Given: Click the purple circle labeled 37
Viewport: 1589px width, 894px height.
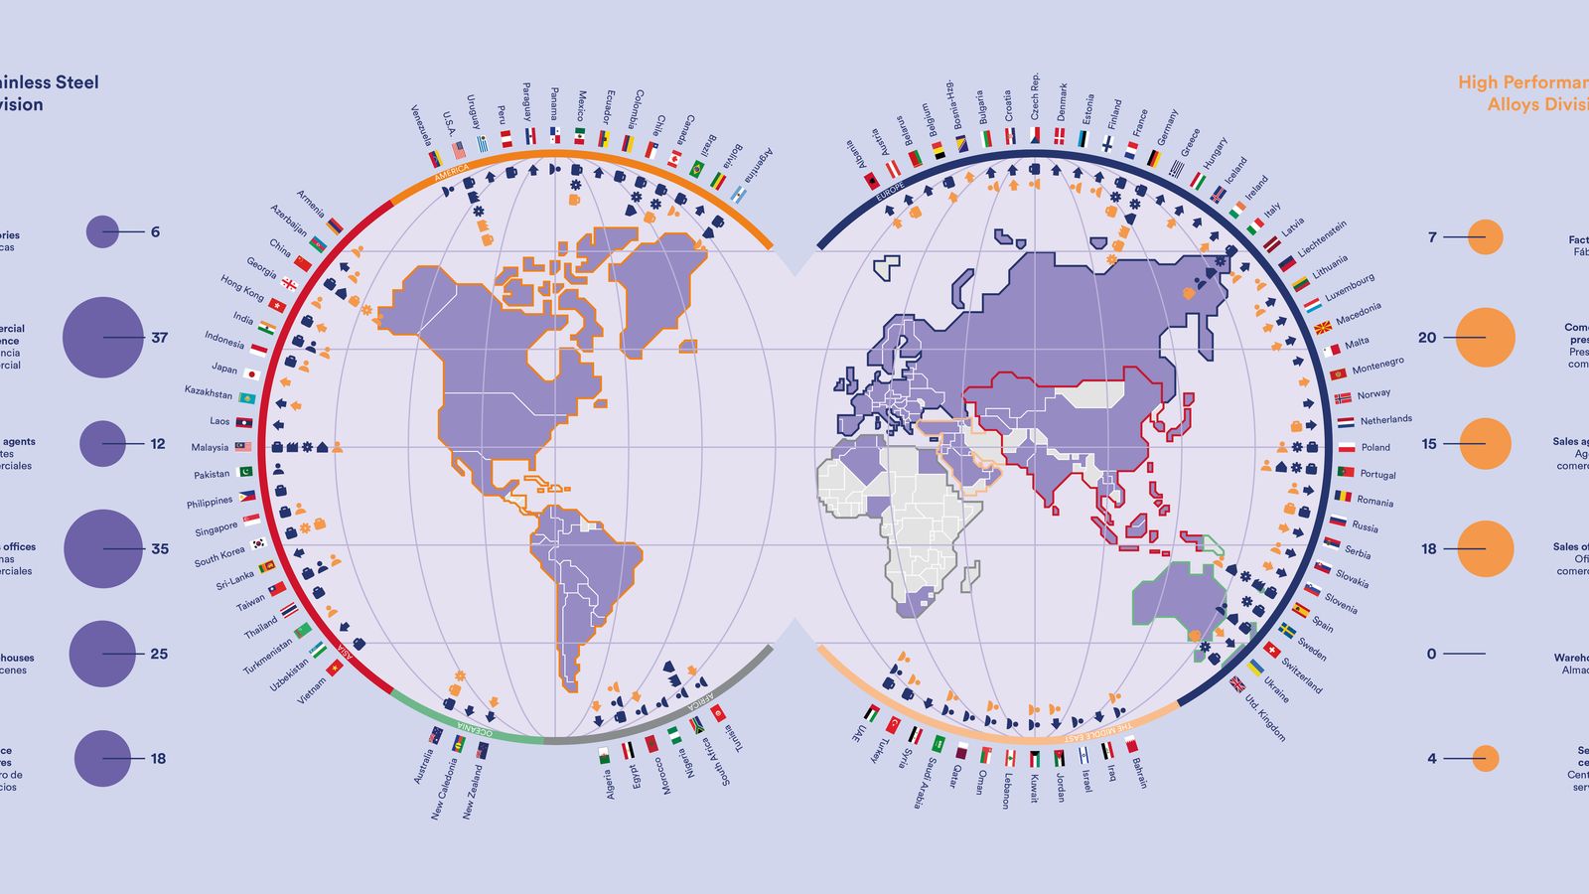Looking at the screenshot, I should click(x=102, y=338).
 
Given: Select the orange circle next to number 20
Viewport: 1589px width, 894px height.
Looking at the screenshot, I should click(x=1485, y=338).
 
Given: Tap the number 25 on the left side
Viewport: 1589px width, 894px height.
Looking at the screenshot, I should click(x=159, y=654).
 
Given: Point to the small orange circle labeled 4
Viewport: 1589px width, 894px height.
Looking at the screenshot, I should click(x=1485, y=758).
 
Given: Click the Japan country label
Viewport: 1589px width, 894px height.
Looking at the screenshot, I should click(x=224, y=368).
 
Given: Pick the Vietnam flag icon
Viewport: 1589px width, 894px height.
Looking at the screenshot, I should click(x=336, y=669).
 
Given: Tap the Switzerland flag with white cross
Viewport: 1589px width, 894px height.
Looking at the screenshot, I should click(x=1272, y=652).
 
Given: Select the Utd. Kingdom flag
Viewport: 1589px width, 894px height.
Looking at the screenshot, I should click(x=1237, y=683).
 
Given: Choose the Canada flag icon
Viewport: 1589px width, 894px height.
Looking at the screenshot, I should click(x=674, y=159).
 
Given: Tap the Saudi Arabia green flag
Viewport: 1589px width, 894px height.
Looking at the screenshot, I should click(x=938, y=742).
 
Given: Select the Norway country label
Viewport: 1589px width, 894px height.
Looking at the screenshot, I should click(x=1373, y=394).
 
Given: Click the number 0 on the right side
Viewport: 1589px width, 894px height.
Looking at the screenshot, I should click(x=1431, y=654).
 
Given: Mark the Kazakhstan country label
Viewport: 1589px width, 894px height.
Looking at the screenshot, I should click(x=208, y=392).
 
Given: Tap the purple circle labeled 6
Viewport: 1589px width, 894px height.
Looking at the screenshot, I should click(x=102, y=232).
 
